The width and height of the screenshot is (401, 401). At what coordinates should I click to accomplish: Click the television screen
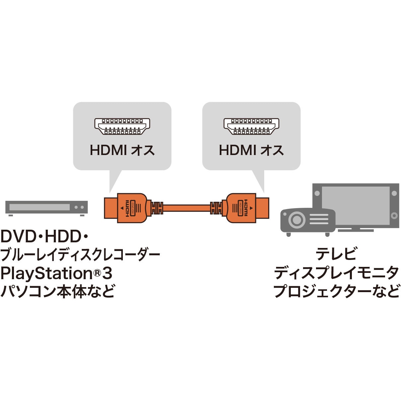[356, 205]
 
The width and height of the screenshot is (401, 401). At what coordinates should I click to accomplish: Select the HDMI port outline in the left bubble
[122, 126]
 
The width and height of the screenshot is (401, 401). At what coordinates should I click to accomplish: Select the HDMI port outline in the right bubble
[251, 126]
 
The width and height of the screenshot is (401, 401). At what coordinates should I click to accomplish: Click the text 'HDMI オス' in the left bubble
[122, 150]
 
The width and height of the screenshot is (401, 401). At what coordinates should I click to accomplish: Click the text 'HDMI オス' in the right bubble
[251, 150]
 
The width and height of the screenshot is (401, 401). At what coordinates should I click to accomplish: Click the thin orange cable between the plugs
[187, 208]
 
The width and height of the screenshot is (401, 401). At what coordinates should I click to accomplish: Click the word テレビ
[336, 253]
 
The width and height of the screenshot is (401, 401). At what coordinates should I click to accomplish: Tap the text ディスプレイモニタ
[336, 273]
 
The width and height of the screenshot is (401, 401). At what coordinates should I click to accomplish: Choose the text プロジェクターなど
[336, 291]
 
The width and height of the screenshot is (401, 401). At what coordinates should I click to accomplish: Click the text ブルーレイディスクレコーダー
[80, 255]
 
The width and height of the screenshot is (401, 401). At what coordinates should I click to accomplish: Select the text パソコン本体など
[58, 291]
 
